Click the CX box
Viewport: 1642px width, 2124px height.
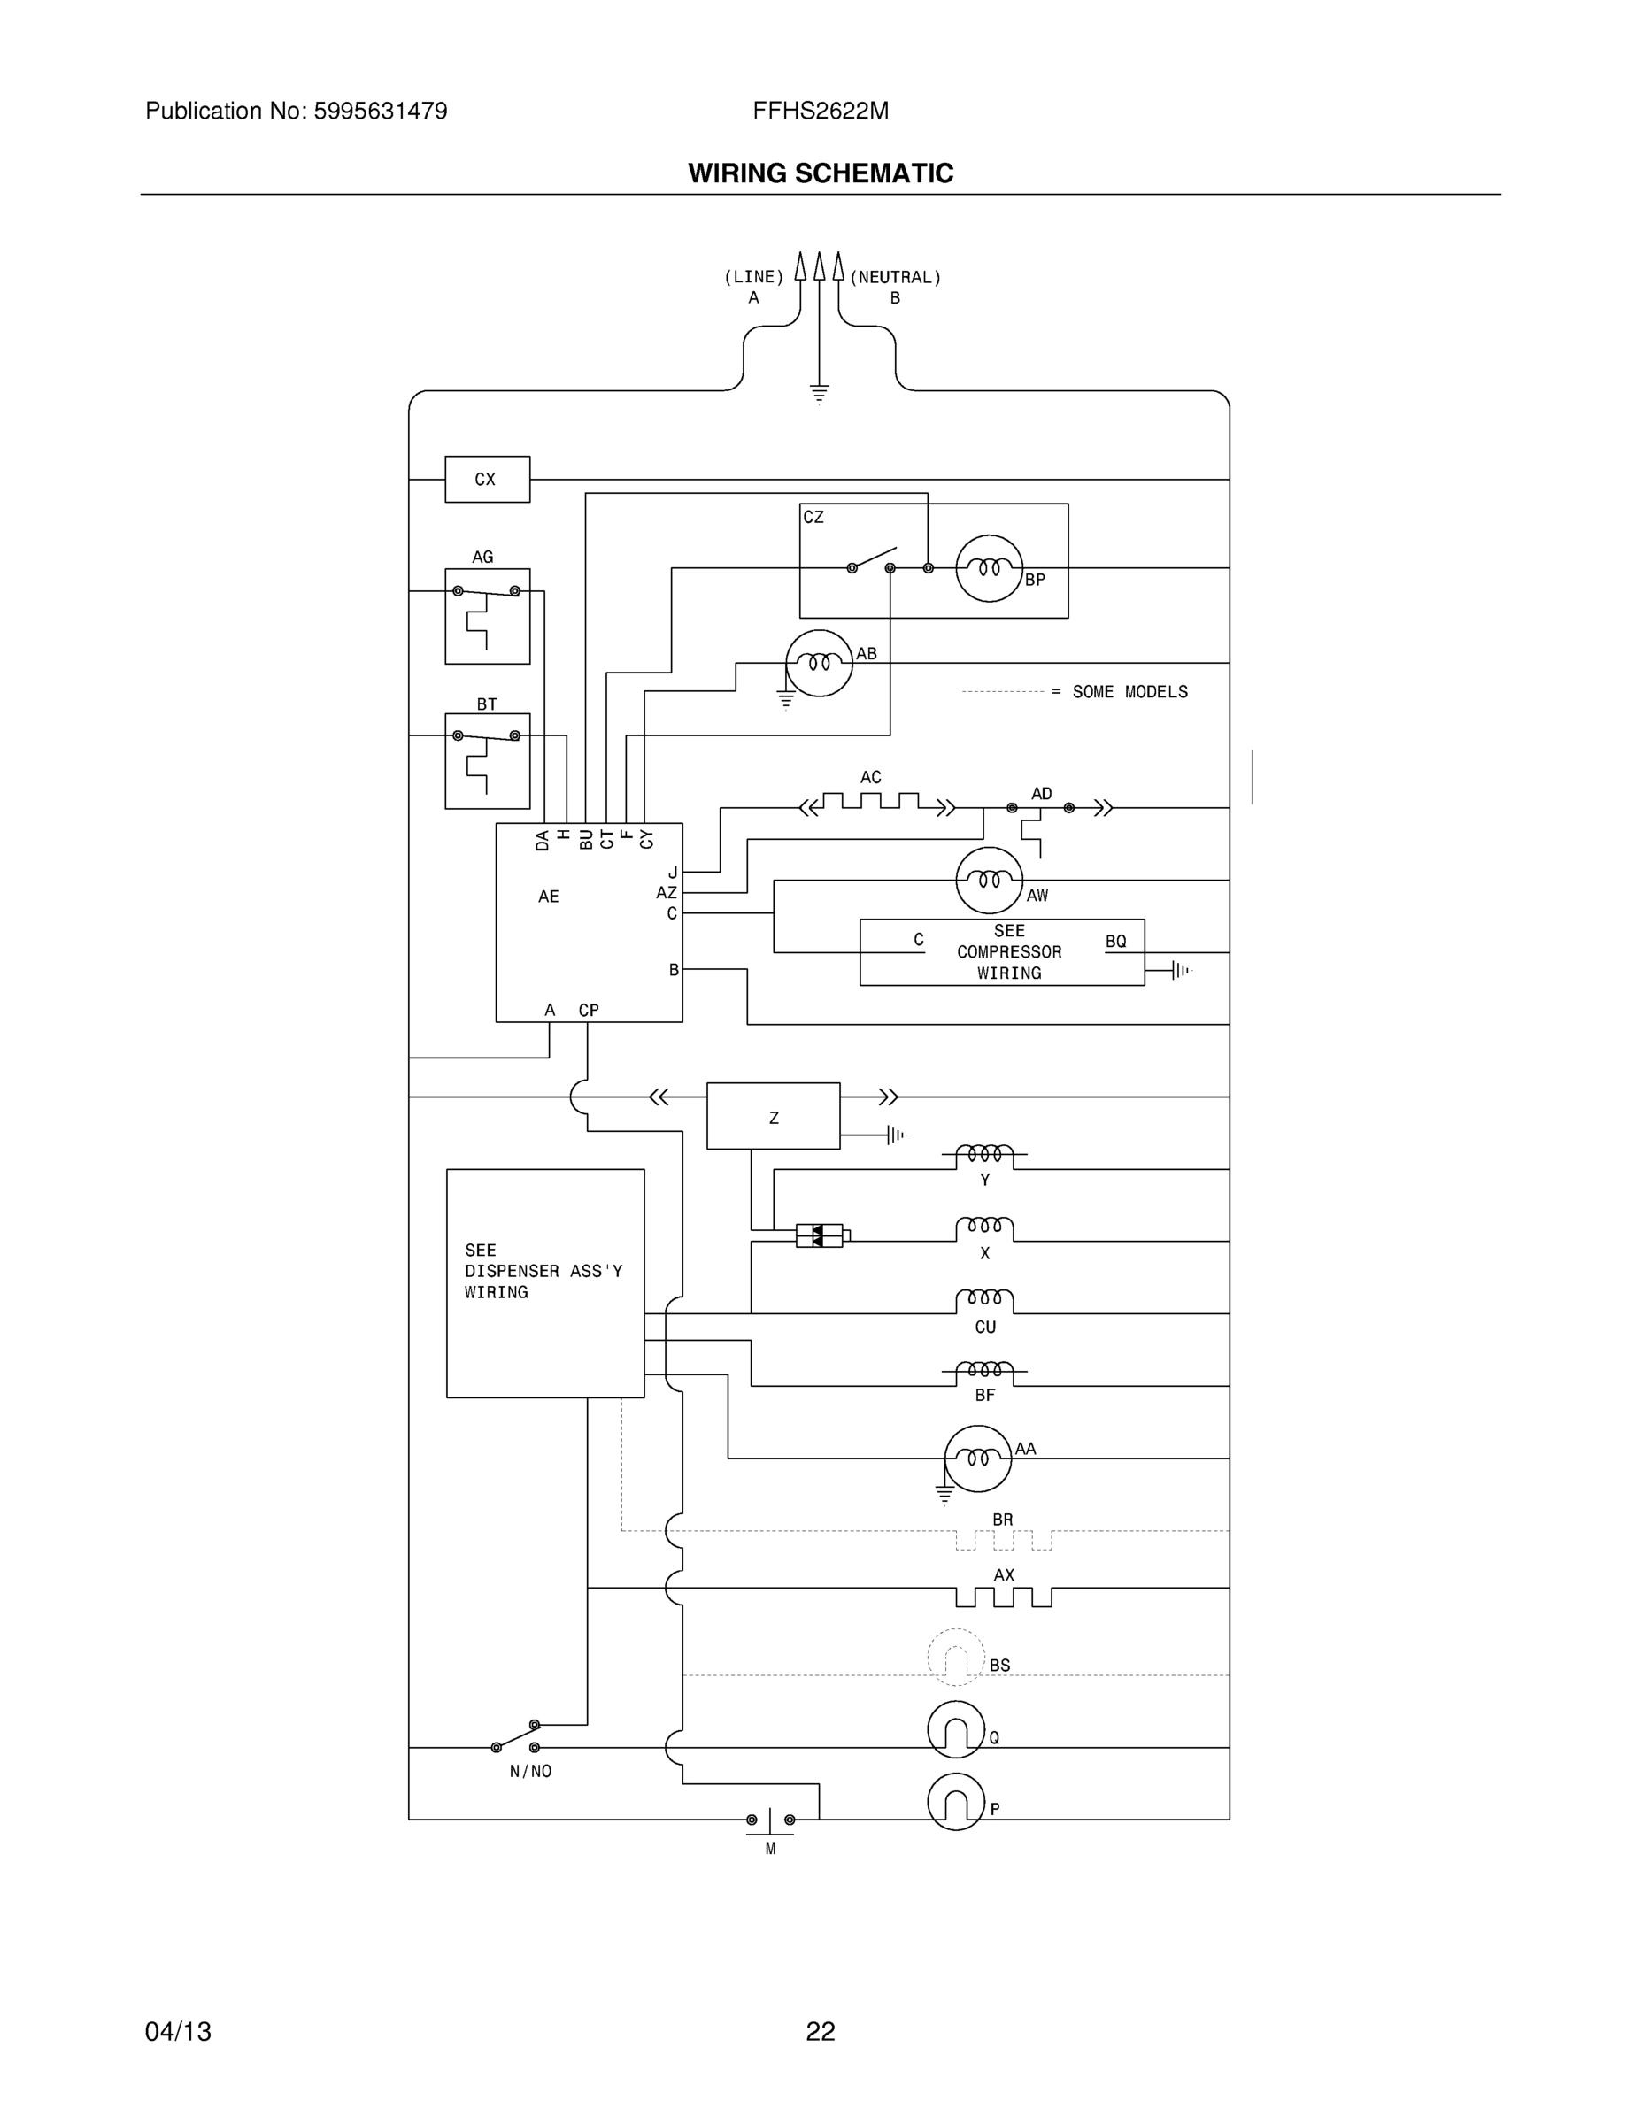[x=488, y=480]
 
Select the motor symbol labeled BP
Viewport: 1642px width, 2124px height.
[x=990, y=568]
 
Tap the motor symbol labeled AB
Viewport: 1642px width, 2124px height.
[x=819, y=663]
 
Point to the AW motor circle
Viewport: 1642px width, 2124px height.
[x=990, y=881]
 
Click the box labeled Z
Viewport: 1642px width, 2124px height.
[x=774, y=1117]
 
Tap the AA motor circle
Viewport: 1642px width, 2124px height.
[x=977, y=1458]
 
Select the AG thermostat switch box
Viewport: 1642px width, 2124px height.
[x=488, y=617]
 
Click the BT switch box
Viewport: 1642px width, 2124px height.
[x=488, y=760]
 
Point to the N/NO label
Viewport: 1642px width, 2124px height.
[x=530, y=1772]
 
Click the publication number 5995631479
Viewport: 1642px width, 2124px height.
[x=381, y=112]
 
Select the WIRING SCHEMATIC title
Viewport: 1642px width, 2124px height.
[x=820, y=173]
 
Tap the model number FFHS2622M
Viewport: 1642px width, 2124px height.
[x=820, y=112]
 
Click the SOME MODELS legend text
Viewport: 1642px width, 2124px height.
[x=1129, y=692]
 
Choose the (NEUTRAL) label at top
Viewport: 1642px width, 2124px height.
[x=895, y=277]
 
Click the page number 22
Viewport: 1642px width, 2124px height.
[x=820, y=2032]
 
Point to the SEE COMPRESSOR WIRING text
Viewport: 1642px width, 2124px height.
[x=1009, y=952]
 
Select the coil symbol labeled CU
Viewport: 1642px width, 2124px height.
[x=984, y=1301]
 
